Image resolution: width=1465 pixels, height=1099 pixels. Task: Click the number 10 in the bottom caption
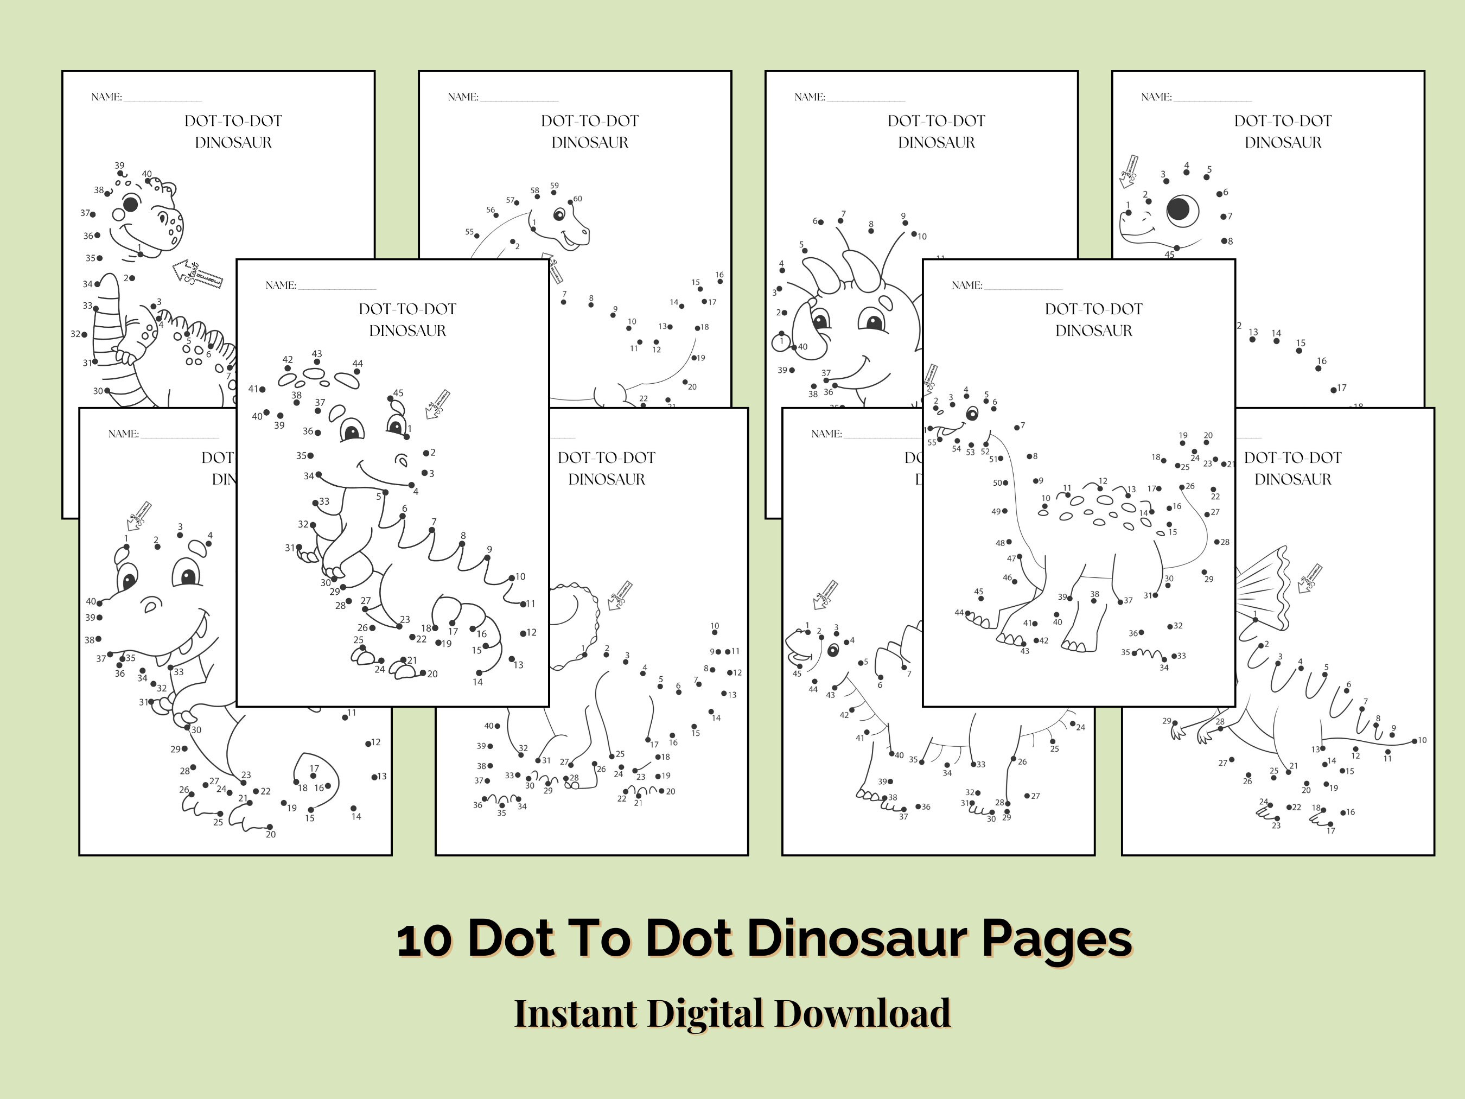pos(424,939)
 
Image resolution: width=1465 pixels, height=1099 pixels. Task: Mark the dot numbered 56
pos(496,215)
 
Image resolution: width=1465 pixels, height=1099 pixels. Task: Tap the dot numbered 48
pos(1009,542)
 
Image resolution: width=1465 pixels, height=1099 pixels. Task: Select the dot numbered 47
pos(1020,557)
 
